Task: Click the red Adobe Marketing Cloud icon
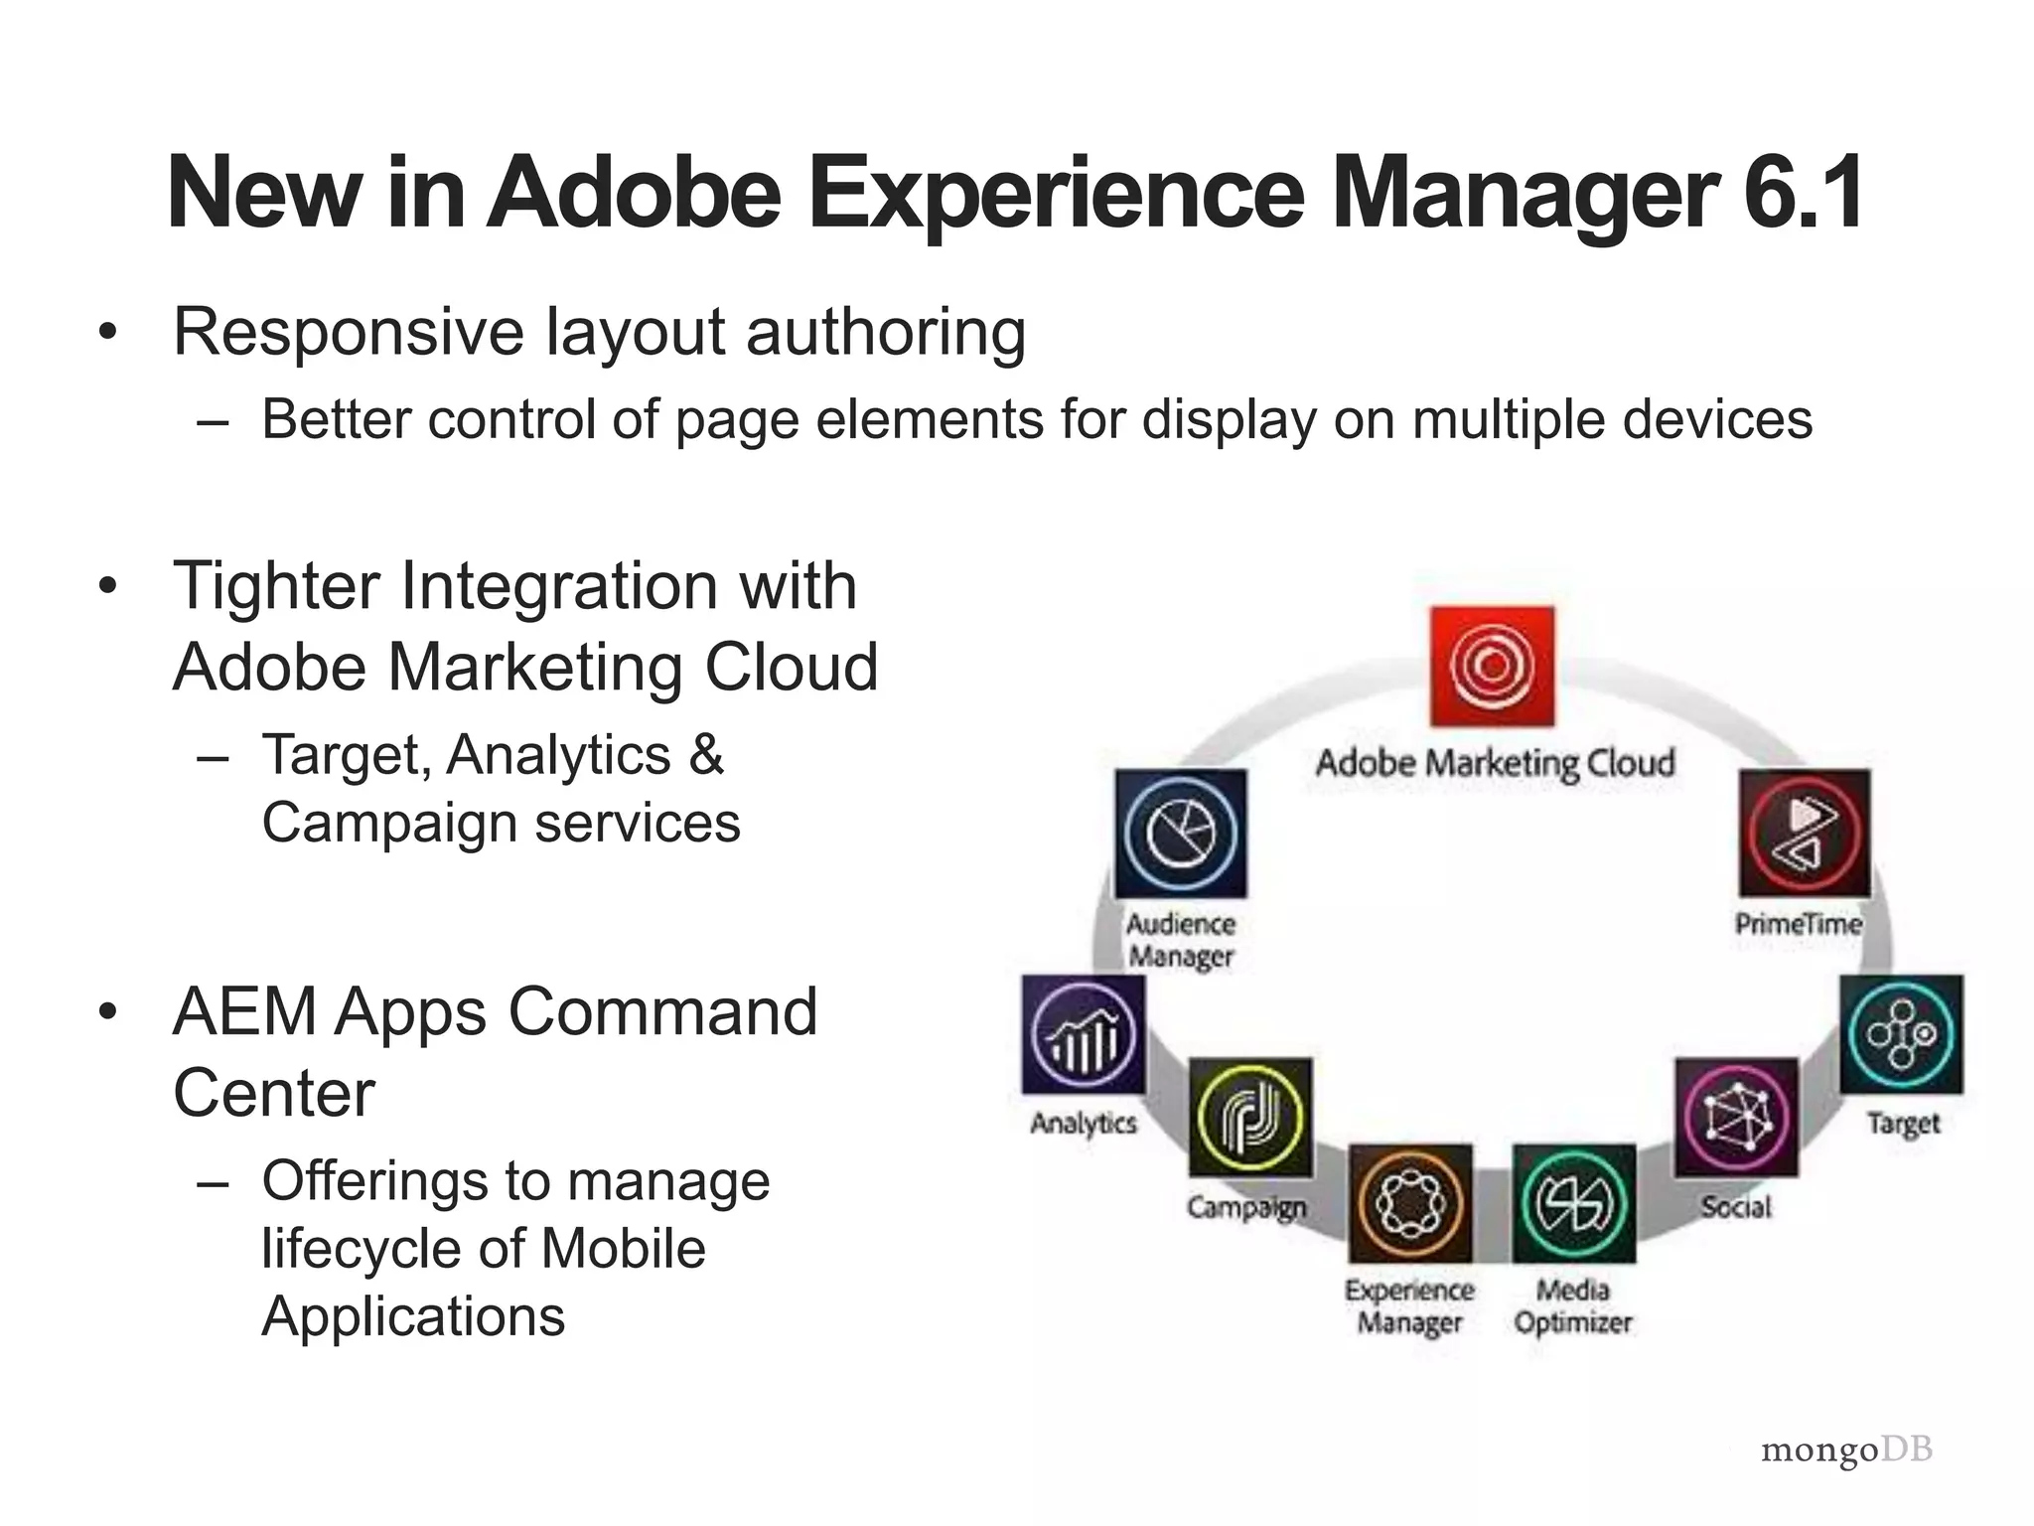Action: (1492, 666)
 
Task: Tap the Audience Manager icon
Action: (1181, 833)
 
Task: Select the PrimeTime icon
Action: (1805, 833)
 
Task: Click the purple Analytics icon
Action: (1084, 1034)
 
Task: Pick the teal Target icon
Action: (1901, 1034)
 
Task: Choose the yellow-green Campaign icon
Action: (1250, 1118)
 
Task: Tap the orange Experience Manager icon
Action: (1410, 1203)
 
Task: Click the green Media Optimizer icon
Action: (1573, 1203)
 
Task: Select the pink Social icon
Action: (1736, 1118)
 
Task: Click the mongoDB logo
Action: (1846, 1450)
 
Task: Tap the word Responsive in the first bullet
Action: (348, 332)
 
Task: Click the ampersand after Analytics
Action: (706, 755)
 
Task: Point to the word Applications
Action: (413, 1316)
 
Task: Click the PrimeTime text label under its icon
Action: (1799, 924)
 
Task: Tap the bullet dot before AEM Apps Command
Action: (108, 1012)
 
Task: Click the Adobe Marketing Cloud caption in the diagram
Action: (1495, 763)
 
